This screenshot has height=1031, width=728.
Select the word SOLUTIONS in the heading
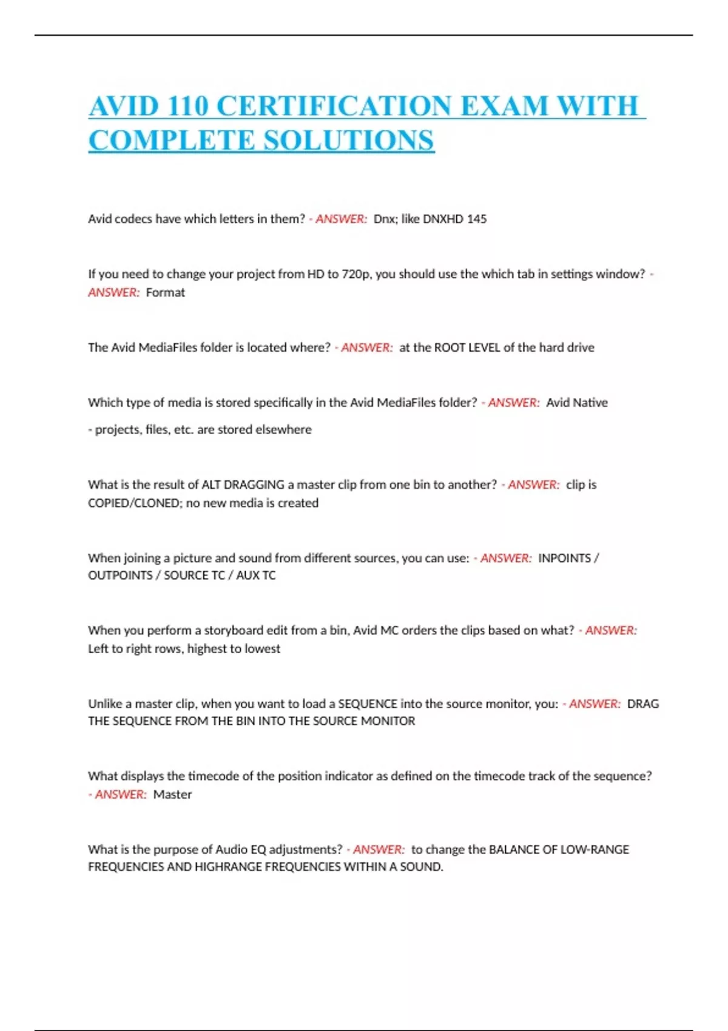click(x=349, y=141)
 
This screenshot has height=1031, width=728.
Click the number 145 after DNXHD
click(x=476, y=219)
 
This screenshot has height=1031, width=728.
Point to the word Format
click(x=165, y=292)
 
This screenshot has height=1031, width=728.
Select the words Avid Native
click(x=576, y=403)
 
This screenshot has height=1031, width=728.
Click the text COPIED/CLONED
click(x=133, y=503)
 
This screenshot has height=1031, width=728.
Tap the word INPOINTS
click(x=564, y=558)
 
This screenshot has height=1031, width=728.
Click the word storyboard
click(x=232, y=630)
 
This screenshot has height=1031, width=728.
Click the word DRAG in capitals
click(x=642, y=704)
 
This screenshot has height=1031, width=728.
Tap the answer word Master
click(x=172, y=794)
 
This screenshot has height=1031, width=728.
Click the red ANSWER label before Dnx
click(x=341, y=219)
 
